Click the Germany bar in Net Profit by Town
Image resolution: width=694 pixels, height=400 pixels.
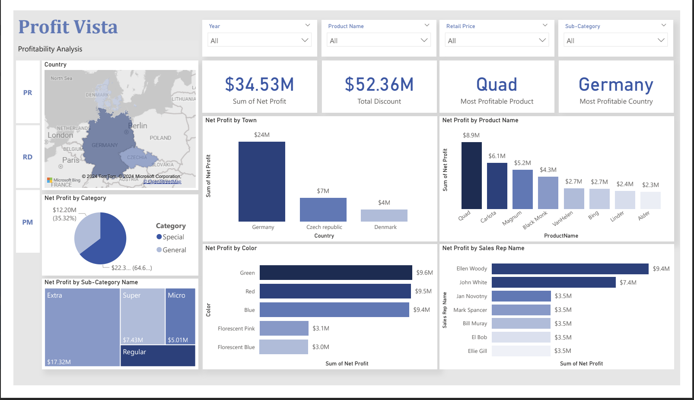(x=261, y=181)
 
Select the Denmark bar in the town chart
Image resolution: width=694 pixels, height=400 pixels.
(x=384, y=215)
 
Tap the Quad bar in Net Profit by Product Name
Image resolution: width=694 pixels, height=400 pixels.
(x=471, y=175)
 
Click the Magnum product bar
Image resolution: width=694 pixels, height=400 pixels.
(x=522, y=189)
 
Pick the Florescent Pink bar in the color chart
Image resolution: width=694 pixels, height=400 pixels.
(x=284, y=328)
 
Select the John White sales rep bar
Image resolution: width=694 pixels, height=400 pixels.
(x=553, y=283)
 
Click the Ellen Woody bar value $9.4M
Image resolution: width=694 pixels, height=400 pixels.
(x=661, y=269)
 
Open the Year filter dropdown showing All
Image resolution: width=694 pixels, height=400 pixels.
(x=259, y=41)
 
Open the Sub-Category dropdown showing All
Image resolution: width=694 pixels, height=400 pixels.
(x=615, y=41)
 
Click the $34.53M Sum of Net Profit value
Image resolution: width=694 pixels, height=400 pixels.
(x=259, y=85)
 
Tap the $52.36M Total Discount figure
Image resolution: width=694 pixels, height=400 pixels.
(x=379, y=85)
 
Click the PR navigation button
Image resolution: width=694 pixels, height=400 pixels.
(x=28, y=92)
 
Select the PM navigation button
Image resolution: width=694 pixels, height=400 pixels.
(x=28, y=222)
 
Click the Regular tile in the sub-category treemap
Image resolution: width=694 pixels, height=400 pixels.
(x=158, y=356)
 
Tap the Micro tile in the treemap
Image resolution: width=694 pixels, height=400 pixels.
(x=180, y=315)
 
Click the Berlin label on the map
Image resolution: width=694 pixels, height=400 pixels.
(x=137, y=126)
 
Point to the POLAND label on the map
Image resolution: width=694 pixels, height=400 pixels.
(x=160, y=138)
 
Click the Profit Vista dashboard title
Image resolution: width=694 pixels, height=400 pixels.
(x=68, y=27)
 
